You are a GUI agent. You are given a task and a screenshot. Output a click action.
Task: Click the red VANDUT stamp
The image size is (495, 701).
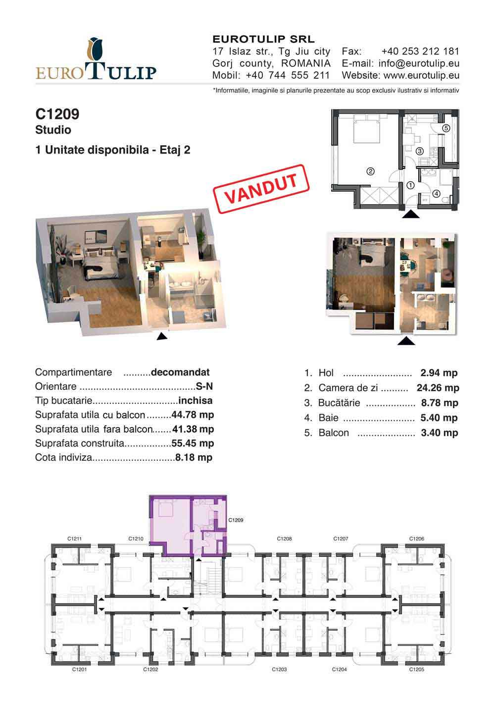pyautogui.click(x=261, y=189)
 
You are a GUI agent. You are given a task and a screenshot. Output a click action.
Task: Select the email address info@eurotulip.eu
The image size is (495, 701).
pyautogui.click(x=419, y=63)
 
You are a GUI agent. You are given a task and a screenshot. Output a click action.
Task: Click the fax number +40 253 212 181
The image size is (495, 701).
pyautogui.click(x=420, y=52)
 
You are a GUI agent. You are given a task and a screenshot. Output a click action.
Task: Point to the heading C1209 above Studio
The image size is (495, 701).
pyautogui.click(x=57, y=114)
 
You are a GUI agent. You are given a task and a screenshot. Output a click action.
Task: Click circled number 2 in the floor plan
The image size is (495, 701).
pyautogui.click(x=370, y=171)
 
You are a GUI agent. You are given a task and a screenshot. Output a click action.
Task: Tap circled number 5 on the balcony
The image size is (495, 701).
pyautogui.click(x=446, y=128)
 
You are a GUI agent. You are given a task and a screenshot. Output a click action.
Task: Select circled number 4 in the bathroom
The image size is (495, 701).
pyautogui.click(x=436, y=194)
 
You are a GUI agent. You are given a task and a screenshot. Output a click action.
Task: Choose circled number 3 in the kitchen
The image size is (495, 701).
pyautogui.click(x=419, y=151)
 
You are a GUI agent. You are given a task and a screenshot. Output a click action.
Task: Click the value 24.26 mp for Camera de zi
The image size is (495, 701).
pyautogui.click(x=438, y=388)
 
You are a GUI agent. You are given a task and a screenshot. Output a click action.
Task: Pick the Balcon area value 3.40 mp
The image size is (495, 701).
pyautogui.click(x=440, y=433)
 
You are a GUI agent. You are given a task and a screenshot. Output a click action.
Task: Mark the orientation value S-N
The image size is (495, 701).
pyautogui.click(x=204, y=386)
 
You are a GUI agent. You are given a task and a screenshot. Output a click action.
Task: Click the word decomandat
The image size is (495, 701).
pyautogui.click(x=180, y=372)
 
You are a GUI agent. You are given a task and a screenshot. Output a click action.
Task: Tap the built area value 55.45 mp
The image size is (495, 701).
pyautogui.click(x=193, y=443)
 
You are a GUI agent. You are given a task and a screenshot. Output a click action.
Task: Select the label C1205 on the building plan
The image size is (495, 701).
pyautogui.click(x=416, y=669)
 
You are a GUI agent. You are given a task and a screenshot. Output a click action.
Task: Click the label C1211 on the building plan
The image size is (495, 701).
pyautogui.click(x=74, y=539)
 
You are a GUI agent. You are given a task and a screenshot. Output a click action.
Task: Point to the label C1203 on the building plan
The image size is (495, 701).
pyautogui.click(x=279, y=669)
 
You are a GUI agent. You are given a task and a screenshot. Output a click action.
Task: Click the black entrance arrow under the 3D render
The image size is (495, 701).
pyautogui.click(x=162, y=336)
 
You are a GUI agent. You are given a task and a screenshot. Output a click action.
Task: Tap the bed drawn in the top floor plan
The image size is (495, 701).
pyautogui.click(x=366, y=129)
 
